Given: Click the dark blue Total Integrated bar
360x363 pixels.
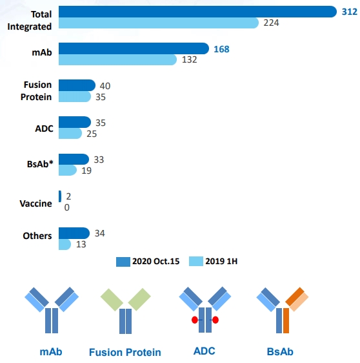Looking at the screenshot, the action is tap(197, 12).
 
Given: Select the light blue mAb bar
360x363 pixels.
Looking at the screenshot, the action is tap(117, 59).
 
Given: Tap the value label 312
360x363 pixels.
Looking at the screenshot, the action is tap(350, 12).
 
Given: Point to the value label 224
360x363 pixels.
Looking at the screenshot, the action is tap(271, 23).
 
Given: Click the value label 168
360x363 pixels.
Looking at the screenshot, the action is tap(221, 49).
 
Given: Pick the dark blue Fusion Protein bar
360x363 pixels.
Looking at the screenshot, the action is tap(77, 85).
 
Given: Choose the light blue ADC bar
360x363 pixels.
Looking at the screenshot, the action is tap(70, 133).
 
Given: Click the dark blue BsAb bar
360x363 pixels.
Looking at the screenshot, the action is tap(74, 160).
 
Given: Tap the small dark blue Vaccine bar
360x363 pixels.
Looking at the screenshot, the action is tap(60, 196).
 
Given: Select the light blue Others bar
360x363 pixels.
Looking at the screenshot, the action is tap(65, 244).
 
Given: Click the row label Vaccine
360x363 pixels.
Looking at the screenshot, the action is tap(36, 203).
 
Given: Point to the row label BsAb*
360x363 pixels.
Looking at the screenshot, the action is tap(40, 164).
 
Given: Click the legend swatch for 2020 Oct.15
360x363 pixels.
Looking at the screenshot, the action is tap(123, 262).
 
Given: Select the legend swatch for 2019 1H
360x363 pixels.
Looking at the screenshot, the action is tap(196, 261).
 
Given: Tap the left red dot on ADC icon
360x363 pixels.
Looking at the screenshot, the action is tap(195, 320).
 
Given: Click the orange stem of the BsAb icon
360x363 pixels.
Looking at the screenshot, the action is tap(286, 320).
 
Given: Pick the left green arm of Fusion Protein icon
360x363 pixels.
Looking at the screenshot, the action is tap(112, 300).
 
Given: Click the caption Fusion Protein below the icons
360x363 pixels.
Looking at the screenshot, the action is tap(125, 352).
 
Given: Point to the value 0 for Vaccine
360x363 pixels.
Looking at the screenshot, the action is tap(67, 207).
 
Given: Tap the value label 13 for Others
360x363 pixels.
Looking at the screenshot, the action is tap(81, 244).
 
